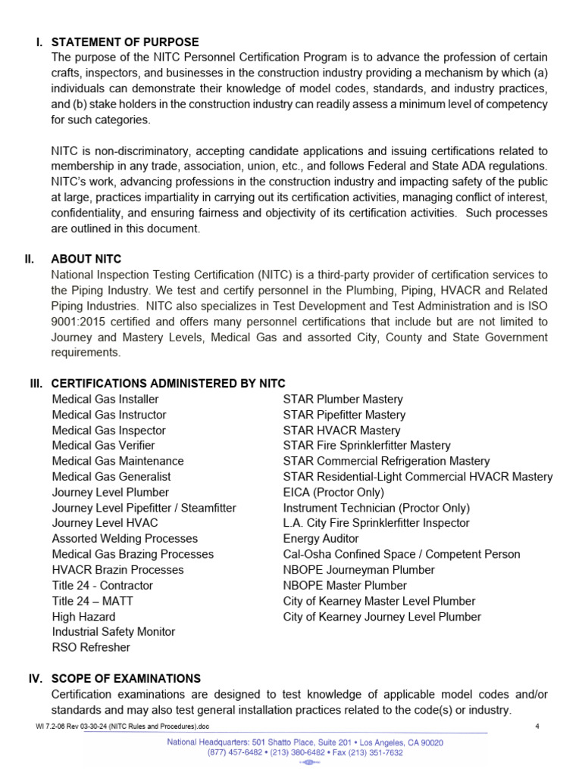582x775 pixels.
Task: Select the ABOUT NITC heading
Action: point(86,259)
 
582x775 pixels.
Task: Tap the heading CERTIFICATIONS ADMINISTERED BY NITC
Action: point(168,384)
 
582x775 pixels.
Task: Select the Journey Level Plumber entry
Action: point(111,492)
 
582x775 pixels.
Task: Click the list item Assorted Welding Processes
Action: point(125,539)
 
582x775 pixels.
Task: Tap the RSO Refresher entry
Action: point(91,648)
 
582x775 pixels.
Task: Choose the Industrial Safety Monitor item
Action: point(114,632)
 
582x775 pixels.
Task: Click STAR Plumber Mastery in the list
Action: point(343,399)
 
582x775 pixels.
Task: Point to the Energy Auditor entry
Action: point(321,539)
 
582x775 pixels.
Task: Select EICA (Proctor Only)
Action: point(333,492)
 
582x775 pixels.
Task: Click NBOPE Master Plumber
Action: point(345,586)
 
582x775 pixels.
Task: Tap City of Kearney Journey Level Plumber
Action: point(382,617)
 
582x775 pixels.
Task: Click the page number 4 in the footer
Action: point(537,727)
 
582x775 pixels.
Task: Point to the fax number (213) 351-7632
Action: point(373,753)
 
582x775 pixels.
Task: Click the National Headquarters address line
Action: point(305,742)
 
